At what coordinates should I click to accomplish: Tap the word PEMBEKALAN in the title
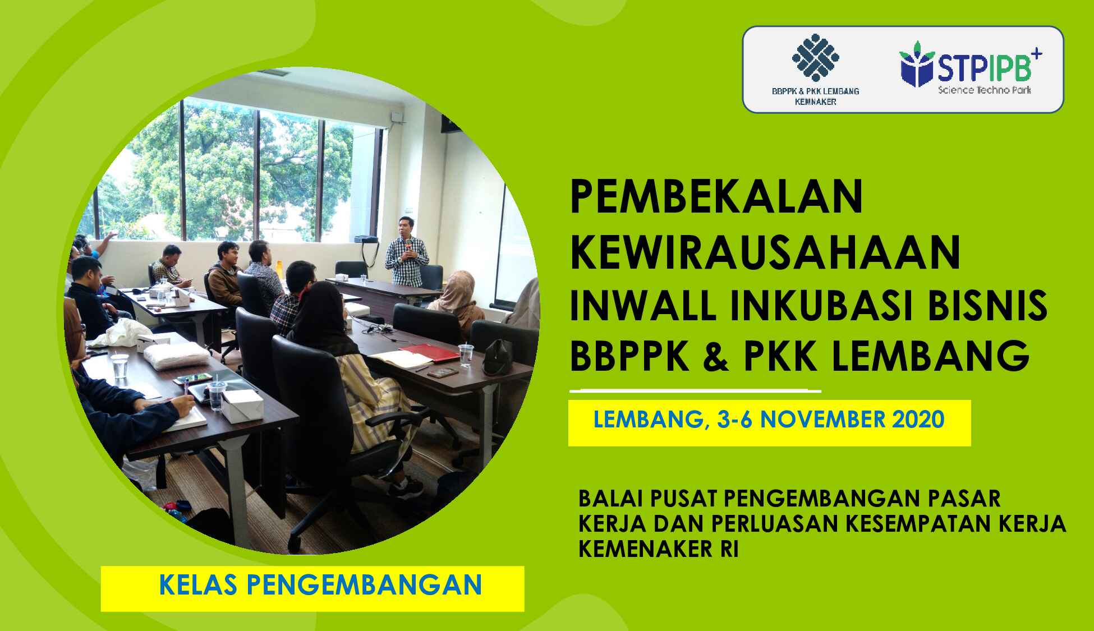[x=716, y=197]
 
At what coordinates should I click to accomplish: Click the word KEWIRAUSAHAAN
[x=765, y=253]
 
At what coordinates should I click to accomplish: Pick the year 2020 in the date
[x=917, y=420]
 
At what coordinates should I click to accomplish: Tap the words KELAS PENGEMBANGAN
[x=320, y=585]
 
